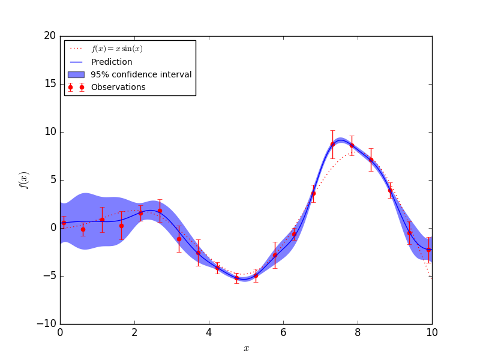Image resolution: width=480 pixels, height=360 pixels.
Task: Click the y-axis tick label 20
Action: point(49,36)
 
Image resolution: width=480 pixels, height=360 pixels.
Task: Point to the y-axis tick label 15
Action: point(49,84)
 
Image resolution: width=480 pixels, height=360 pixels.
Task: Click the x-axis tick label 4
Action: point(209,332)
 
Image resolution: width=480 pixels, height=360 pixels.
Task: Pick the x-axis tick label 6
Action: point(283,332)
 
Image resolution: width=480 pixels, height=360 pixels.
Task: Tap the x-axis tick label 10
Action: point(432,332)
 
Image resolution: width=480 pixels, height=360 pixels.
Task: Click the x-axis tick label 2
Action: point(134,332)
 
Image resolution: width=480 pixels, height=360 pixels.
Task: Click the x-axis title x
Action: point(246,349)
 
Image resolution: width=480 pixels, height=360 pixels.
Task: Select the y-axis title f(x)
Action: point(24,180)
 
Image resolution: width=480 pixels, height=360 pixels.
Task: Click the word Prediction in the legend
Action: point(112,62)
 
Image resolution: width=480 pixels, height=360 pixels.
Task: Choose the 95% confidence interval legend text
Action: point(141,74)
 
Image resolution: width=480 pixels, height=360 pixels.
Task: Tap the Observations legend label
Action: point(118,87)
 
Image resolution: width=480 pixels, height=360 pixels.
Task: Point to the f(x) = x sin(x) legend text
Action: point(117,49)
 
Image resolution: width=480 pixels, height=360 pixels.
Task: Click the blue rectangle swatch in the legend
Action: point(76,74)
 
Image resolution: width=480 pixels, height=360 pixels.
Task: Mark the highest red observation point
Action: point(332,144)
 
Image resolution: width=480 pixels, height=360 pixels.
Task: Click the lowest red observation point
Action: point(236,278)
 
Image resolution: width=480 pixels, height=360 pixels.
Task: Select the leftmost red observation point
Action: point(64,223)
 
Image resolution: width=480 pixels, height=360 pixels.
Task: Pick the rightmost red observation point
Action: point(428,250)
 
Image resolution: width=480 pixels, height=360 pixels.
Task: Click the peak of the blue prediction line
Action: point(340,140)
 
